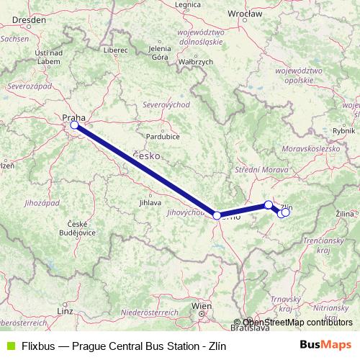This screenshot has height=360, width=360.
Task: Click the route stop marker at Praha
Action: click(74, 125)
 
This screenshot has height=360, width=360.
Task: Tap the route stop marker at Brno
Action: click(217, 215)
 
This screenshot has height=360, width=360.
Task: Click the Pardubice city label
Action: click(163, 135)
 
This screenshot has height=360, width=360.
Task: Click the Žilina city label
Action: click(345, 214)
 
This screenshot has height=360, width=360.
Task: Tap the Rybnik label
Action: click(345, 130)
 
